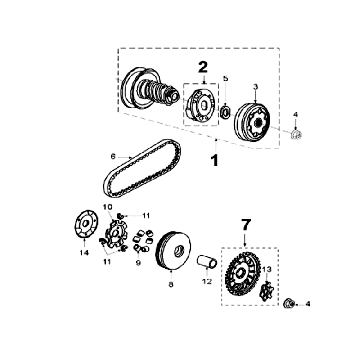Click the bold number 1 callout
tap(215, 160)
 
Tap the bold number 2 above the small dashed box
tap(203, 67)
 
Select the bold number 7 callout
tap(245, 225)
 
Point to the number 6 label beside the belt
tap(113, 156)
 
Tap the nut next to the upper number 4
tap(296, 135)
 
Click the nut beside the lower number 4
tap(289, 303)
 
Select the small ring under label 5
tap(225, 111)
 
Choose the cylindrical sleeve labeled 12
tap(208, 262)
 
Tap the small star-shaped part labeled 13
tap(266, 290)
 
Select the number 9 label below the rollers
tap(138, 263)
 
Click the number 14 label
tap(84, 253)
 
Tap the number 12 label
tap(207, 282)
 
